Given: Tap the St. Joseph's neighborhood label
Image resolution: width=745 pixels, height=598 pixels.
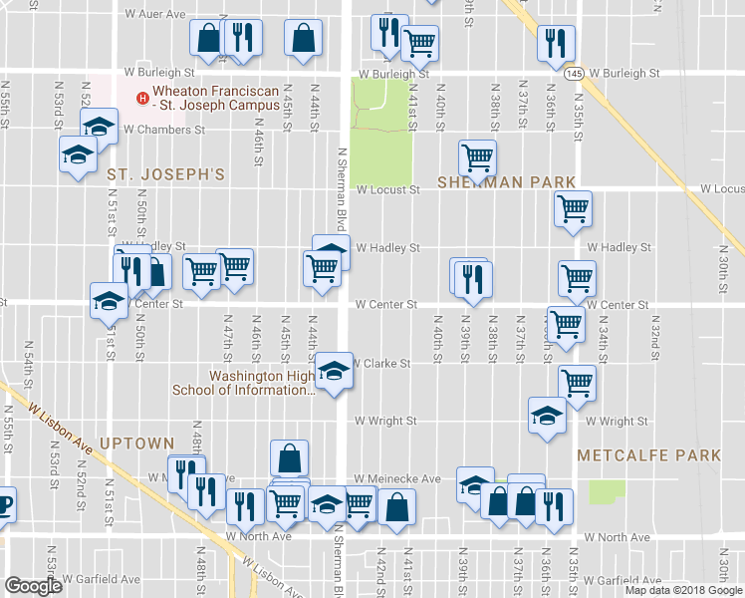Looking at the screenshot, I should tap(166, 174).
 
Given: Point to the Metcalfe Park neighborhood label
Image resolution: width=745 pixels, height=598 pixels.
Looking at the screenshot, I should tap(648, 455).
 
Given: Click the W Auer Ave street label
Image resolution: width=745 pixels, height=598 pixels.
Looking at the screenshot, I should tap(154, 15).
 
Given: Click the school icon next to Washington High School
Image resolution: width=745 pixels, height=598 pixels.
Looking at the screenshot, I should tap(335, 372).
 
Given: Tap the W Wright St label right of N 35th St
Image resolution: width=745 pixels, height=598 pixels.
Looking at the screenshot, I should tap(618, 422).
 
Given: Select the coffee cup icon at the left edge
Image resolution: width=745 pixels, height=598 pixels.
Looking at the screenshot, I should tap(4, 502).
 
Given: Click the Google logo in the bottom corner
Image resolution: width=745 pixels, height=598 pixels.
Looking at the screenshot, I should tap(33, 586).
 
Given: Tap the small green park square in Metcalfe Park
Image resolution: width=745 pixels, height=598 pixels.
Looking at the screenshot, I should tap(607, 491).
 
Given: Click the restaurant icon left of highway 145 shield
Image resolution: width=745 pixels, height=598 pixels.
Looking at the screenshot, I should tap(553, 43).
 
